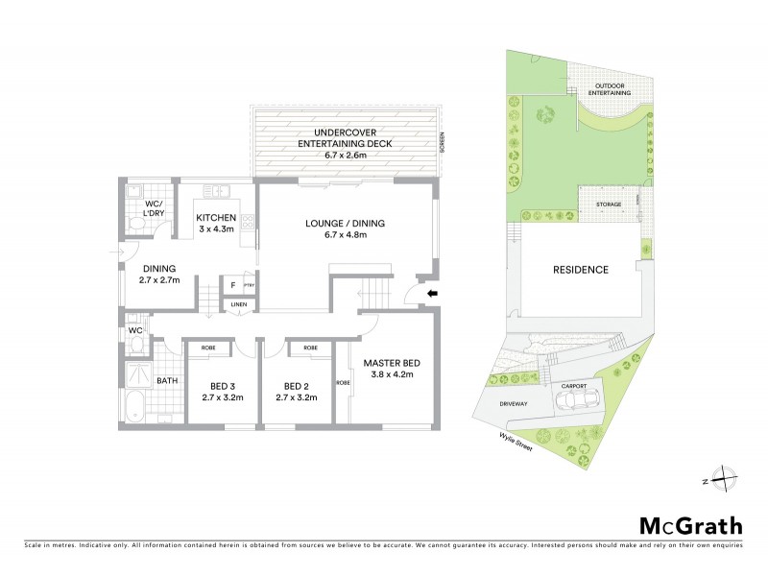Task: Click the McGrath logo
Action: click(690, 525)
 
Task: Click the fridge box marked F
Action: click(231, 285)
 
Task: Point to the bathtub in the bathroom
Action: click(135, 406)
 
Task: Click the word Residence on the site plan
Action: click(580, 270)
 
